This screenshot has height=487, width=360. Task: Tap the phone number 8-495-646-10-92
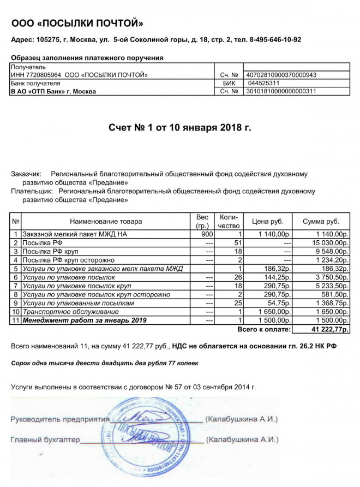pos(275,40)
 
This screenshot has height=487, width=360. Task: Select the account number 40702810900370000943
pos(281,75)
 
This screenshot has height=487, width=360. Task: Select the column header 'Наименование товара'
pos(106,221)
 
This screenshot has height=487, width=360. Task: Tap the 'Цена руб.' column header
pos(267,221)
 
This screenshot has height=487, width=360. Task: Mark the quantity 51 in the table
pos(237,242)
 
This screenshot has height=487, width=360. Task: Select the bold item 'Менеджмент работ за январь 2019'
pos(77,320)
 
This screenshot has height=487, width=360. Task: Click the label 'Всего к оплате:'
pos(264,330)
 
